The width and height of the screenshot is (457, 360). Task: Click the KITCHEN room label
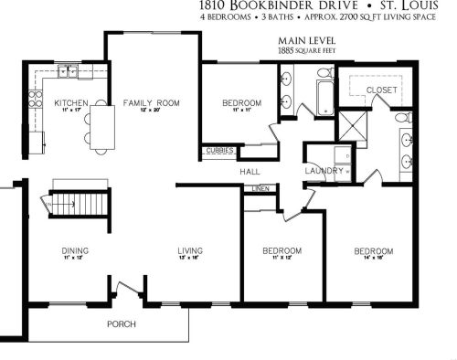click(70, 102)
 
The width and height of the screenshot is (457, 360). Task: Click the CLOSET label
click(381, 89)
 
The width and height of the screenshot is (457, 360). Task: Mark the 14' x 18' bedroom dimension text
click(374, 260)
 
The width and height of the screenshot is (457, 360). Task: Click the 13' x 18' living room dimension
click(190, 259)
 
